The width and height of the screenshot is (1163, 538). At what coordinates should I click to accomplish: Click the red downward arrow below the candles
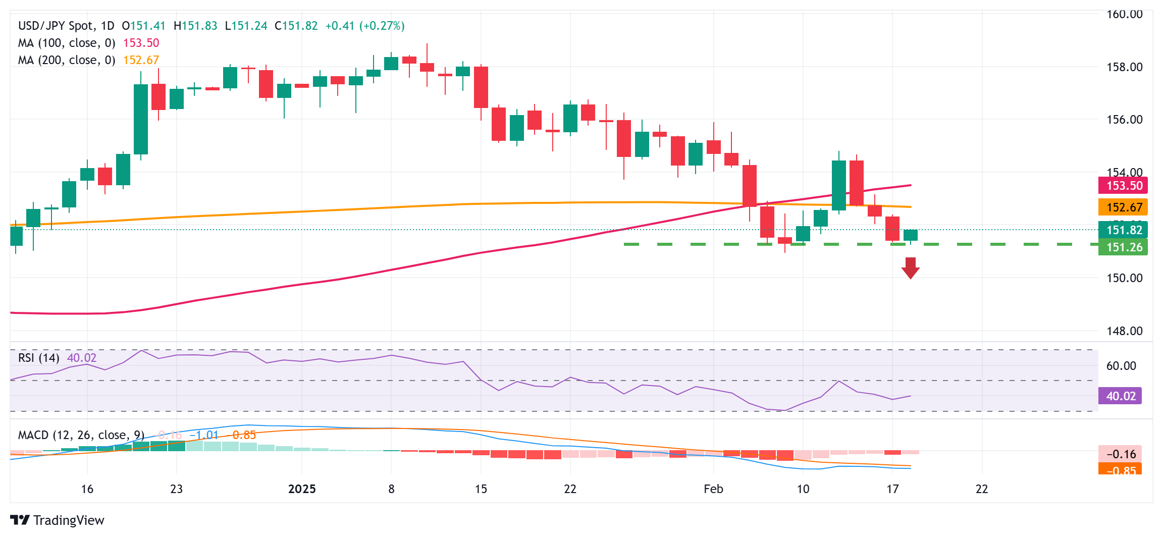pos(910,268)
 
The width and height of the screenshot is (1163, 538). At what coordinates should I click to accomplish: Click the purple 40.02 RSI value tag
pos(1120,396)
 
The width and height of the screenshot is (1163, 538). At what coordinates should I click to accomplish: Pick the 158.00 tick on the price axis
pos(1124,67)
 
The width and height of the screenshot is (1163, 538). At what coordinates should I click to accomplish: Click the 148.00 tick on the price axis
pos(1124,331)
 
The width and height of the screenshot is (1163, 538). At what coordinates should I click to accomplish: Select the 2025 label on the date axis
pos(302,489)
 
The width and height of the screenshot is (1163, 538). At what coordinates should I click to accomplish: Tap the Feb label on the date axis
pos(713,489)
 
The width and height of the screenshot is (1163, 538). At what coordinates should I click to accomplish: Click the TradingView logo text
pos(68,520)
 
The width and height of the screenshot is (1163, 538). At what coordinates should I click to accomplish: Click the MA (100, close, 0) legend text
pos(67,43)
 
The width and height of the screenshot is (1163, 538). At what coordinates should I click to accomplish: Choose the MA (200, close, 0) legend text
pos(67,60)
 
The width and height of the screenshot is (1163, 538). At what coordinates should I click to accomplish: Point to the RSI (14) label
pos(39,358)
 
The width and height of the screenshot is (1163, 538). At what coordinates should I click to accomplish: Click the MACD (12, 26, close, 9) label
pos(81,435)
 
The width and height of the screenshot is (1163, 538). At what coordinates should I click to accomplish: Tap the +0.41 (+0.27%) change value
pos(364,26)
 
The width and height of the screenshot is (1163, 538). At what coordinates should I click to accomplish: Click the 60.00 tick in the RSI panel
pos(1121,366)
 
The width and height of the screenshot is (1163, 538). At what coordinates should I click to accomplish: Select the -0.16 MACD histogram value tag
pos(1120,454)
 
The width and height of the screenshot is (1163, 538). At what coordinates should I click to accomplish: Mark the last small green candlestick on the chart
pos(911,235)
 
